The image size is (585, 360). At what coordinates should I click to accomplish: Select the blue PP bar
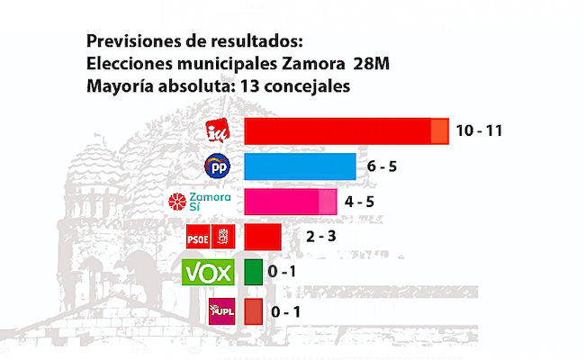300,166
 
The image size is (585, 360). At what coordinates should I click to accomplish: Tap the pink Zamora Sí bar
290,202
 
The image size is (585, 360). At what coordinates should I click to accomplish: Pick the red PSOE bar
263,237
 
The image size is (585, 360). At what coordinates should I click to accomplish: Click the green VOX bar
253,272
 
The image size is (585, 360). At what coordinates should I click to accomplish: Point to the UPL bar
253,310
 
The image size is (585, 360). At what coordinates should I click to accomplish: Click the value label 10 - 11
478,130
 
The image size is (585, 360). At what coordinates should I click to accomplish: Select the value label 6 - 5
382,166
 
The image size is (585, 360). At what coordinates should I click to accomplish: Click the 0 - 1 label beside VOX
285,272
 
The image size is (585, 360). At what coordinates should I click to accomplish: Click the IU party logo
219,131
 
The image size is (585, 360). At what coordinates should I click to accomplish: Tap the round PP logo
218,166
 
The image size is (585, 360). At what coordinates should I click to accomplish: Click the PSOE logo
210,237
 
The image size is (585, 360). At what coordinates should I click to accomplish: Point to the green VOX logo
208,272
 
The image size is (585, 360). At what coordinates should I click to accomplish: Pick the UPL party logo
221,310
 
